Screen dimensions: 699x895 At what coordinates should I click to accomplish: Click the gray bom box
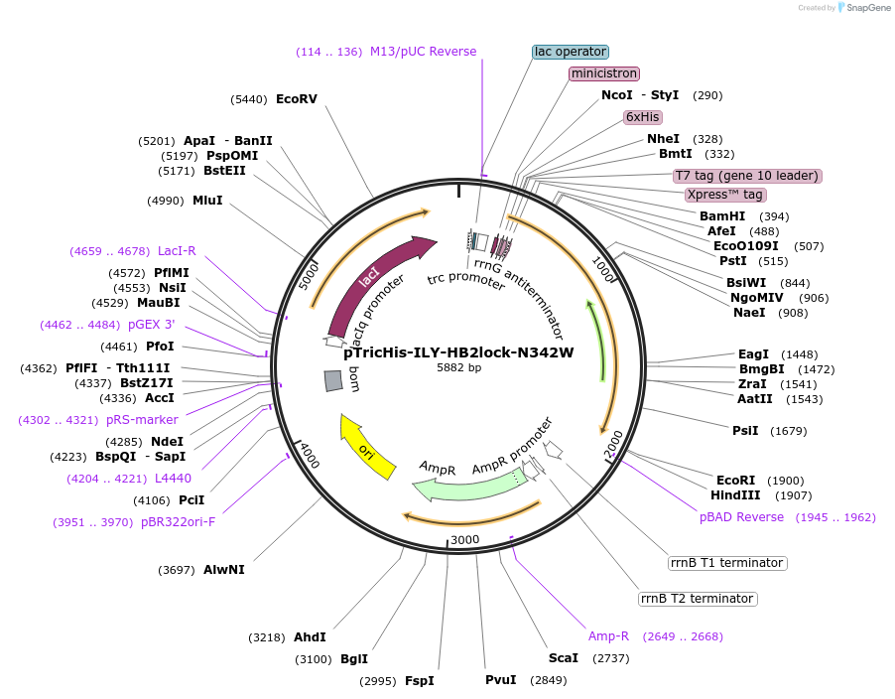pos(334,380)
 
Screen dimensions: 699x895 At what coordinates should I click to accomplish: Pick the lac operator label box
pos(571,52)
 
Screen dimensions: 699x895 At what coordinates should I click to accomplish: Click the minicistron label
pos(603,73)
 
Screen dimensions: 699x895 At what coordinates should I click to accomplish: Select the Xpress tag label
pos(725,195)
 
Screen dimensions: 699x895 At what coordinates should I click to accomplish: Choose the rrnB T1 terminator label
pos(727,563)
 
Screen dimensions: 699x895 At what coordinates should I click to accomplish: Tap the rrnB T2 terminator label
pos(698,599)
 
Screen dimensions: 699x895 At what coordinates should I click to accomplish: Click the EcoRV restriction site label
pos(297,99)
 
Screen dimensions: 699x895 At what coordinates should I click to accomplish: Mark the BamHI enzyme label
pos(722,216)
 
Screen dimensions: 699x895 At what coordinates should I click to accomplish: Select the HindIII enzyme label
pos(735,495)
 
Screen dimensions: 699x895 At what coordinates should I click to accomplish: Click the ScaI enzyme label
pos(563,658)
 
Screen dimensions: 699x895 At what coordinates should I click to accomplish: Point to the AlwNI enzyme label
pos(224,570)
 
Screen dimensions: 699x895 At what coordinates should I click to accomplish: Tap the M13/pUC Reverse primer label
pos(423,52)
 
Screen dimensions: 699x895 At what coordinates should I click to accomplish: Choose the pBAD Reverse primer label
pos(741,517)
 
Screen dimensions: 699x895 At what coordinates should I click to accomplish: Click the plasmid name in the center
pos(458,351)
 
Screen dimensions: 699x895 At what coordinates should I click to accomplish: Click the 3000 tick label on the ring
pos(465,540)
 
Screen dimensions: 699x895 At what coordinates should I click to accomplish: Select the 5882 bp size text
pos(458,368)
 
